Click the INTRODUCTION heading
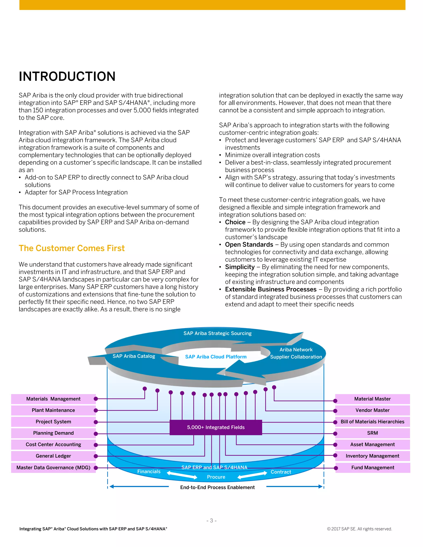[x=67, y=76]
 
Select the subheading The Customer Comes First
[x=72, y=248]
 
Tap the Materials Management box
[x=53, y=399]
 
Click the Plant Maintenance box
[x=53, y=410]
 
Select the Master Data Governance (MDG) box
[x=53, y=467]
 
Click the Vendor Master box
[x=372, y=410]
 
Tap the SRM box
[x=372, y=433]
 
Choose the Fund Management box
[x=373, y=467]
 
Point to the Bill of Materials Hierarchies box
[x=372, y=421]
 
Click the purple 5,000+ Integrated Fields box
[x=216, y=427]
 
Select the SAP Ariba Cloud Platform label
[x=216, y=357]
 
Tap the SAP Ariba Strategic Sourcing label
[x=217, y=333]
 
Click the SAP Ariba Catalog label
[x=134, y=356]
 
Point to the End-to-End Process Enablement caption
[x=217, y=487]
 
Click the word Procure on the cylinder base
[x=216, y=477]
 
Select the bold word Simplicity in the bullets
[x=240, y=267]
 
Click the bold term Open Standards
[x=249, y=244]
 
